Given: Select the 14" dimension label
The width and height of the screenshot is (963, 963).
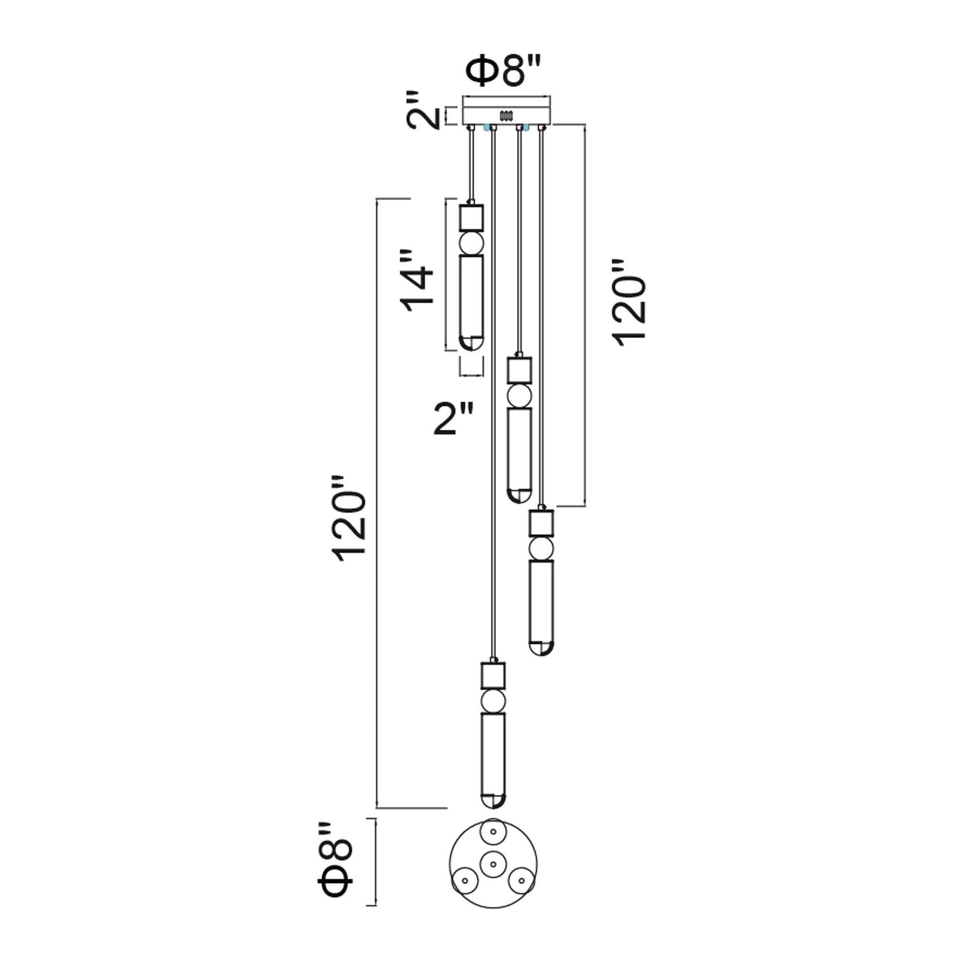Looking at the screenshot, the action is pos(416,281).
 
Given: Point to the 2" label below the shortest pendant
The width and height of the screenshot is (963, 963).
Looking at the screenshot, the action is pos(453,419).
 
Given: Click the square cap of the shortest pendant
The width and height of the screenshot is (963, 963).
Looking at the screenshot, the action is pos(471,217).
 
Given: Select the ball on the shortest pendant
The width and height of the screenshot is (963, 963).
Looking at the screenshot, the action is pos(471,243).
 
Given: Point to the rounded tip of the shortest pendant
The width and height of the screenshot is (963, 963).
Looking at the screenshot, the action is pos(471,343).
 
